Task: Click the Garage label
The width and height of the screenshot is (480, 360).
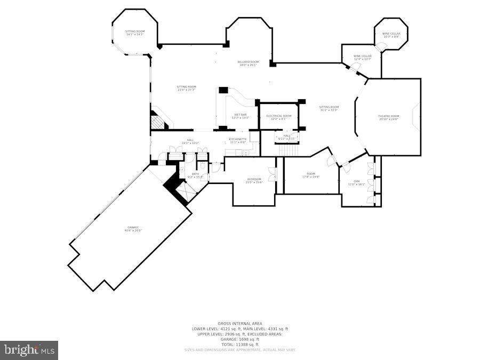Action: [x=133, y=229]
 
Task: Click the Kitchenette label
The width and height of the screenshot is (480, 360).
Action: [x=238, y=140]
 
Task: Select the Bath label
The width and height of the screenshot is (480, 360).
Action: [x=195, y=175]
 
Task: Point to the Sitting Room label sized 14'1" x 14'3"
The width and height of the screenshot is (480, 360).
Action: [x=135, y=33]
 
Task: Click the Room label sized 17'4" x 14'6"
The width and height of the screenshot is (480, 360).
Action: [x=311, y=175]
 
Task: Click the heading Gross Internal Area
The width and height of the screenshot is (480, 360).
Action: [x=239, y=323]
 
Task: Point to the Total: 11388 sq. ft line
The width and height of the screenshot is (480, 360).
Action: [x=239, y=345]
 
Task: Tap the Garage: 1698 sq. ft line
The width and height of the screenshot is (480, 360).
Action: [x=239, y=339]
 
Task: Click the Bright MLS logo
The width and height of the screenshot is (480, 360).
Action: [x=29, y=350]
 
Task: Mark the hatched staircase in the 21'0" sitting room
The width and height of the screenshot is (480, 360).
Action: [x=158, y=122]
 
